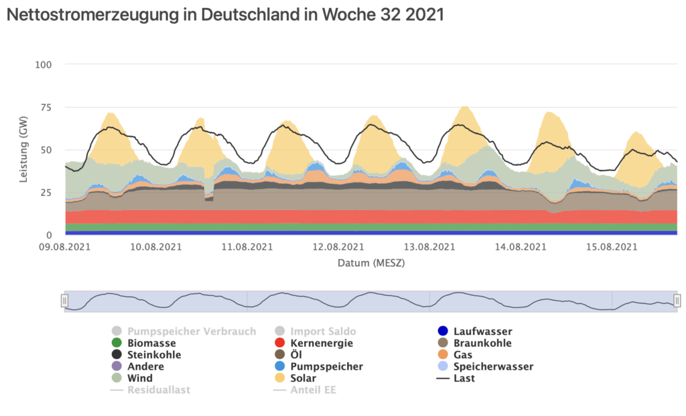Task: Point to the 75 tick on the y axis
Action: coord(46,107)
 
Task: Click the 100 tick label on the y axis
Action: coord(44,64)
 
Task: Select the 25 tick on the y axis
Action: coord(46,193)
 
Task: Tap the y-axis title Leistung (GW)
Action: coord(23,150)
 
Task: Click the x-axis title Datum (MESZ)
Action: coord(371,263)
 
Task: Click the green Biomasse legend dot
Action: coord(117,343)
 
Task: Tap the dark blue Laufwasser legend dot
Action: coord(441,331)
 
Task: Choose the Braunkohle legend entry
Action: coord(482,343)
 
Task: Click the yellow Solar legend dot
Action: coord(280,378)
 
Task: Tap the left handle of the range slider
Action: coord(65,301)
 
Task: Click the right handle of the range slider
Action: coord(677,301)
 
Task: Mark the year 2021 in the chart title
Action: coord(423,15)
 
